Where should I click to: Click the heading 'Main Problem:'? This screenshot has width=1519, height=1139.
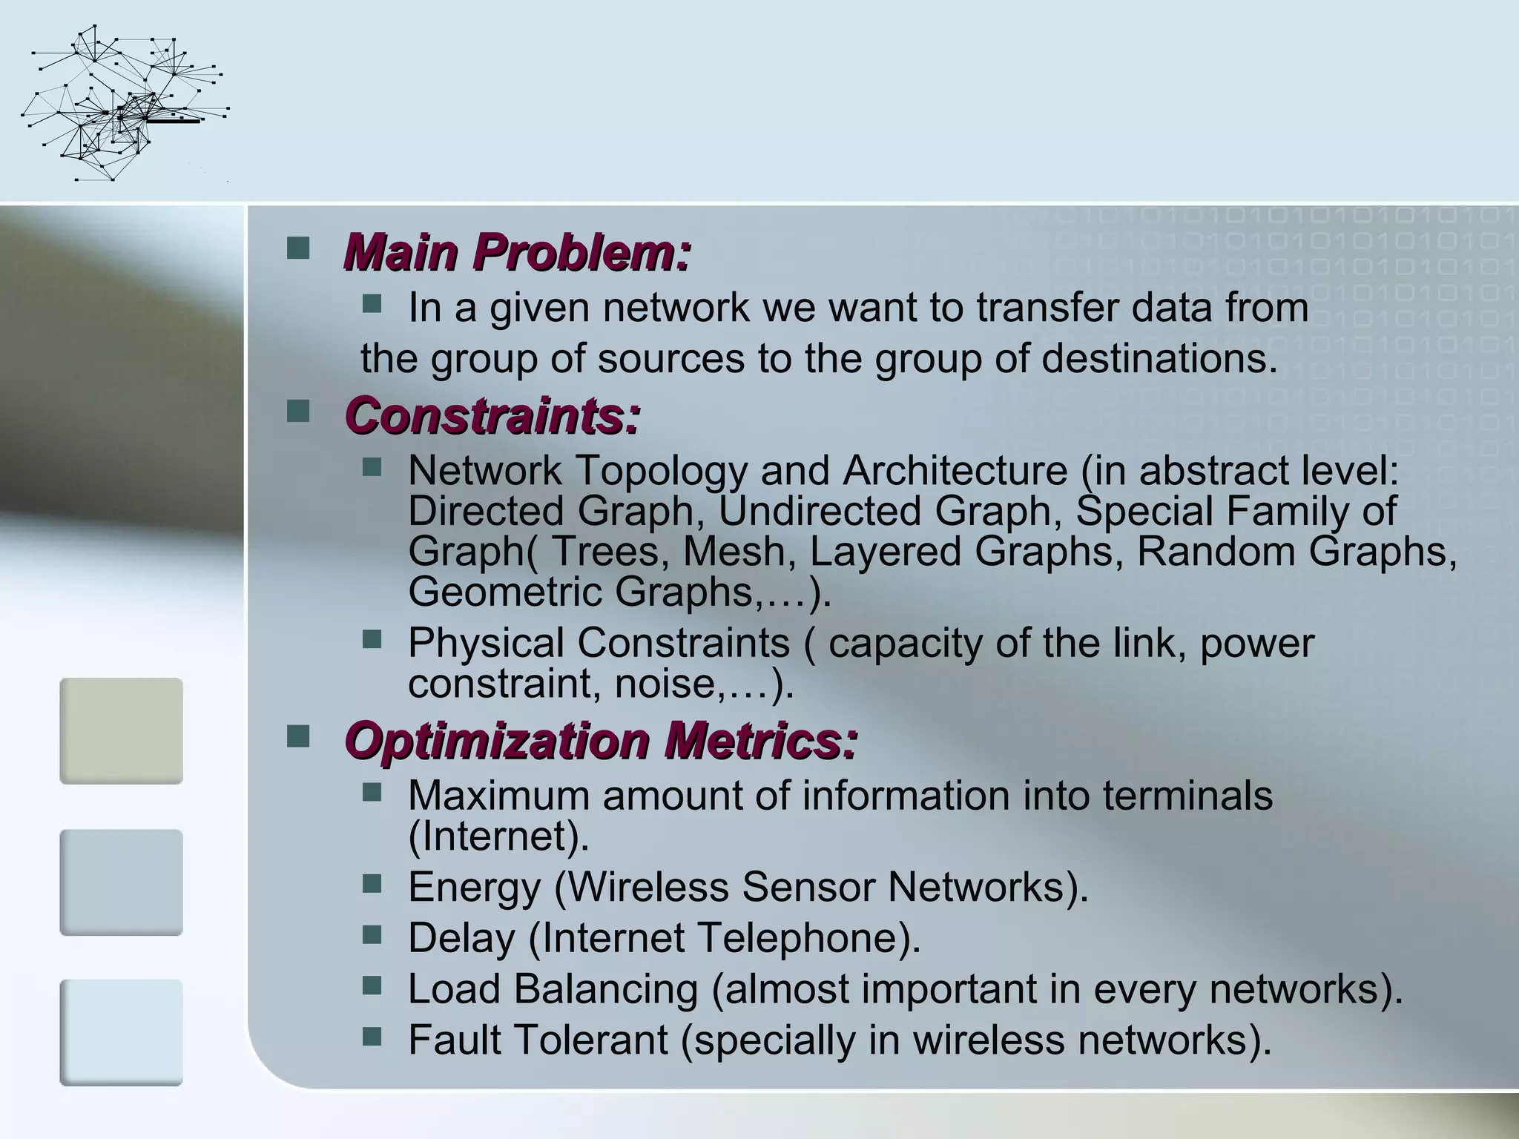(517, 252)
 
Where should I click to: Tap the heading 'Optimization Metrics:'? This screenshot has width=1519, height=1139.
(601, 741)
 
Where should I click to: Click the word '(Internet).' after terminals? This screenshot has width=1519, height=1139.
(498, 836)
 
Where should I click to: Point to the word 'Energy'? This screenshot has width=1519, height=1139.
(474, 888)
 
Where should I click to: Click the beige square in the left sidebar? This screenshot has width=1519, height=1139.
(121, 730)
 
